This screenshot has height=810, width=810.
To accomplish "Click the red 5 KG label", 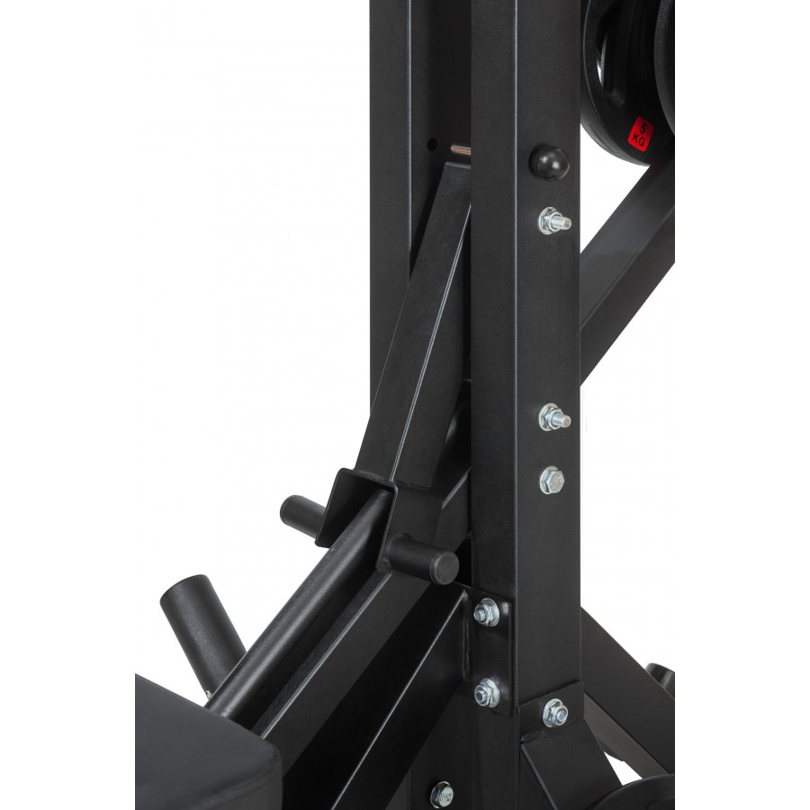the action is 641,134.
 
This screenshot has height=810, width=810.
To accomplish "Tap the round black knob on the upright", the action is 549,163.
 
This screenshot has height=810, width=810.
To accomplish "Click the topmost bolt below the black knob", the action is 554,221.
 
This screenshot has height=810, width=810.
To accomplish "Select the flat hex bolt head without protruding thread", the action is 552,481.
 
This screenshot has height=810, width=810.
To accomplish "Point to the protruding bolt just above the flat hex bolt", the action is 554,418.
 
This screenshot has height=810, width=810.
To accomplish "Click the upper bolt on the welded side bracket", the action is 487,612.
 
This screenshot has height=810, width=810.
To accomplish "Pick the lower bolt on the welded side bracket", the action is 487,693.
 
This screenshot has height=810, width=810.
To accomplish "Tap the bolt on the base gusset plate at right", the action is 555,713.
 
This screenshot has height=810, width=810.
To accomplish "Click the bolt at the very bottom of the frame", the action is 442,795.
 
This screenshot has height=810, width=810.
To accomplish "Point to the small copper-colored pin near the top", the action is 460,151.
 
